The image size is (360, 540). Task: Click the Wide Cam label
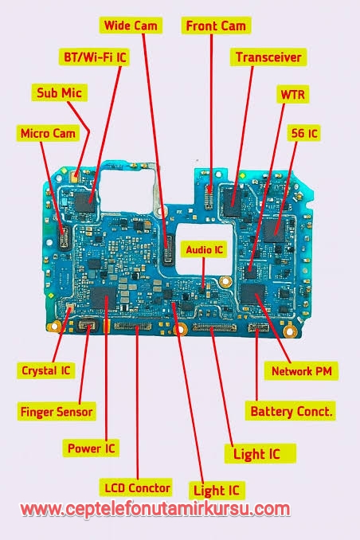click(x=131, y=25)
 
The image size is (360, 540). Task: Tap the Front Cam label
click(x=216, y=25)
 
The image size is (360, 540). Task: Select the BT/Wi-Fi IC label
click(x=95, y=57)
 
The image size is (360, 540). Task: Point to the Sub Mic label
click(x=59, y=92)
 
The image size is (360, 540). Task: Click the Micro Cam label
click(x=48, y=133)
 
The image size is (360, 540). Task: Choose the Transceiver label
click(x=268, y=57)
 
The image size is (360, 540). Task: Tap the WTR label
click(x=293, y=94)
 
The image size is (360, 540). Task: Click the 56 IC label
click(x=304, y=133)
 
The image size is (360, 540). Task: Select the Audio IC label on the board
click(x=204, y=249)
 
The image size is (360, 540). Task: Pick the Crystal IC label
click(x=46, y=370)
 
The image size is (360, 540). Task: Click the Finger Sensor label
click(x=57, y=412)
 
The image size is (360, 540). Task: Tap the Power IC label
click(x=91, y=448)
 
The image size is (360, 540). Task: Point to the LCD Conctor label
click(x=136, y=487)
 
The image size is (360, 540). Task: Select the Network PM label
click(x=301, y=371)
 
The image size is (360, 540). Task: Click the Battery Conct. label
click(x=291, y=411)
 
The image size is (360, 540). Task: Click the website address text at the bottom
click(x=155, y=510)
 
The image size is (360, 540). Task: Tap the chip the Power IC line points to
click(x=104, y=297)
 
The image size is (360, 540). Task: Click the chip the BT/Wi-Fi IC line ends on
click(x=84, y=202)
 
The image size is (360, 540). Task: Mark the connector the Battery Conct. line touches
click(x=259, y=327)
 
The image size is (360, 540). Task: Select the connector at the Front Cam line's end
click(x=209, y=197)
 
